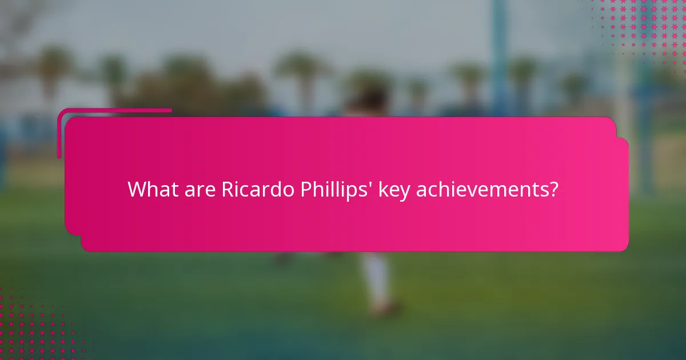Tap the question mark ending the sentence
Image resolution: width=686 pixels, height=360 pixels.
point(552,189)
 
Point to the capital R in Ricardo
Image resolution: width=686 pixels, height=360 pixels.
point(228,189)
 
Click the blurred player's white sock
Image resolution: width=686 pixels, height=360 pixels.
point(377,280)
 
